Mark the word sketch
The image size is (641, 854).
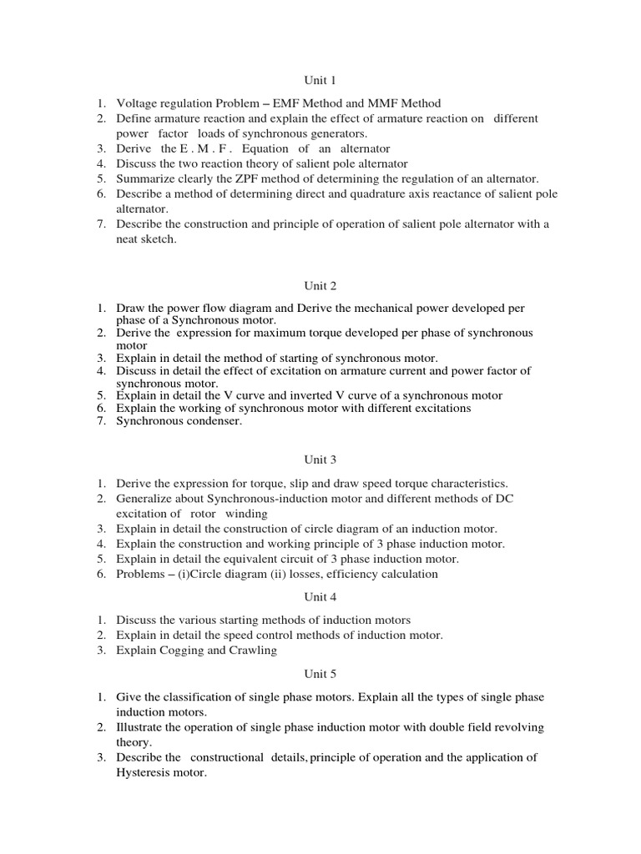162,239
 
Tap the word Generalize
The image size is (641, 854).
145,498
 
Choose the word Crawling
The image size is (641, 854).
251,650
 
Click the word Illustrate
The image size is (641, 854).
142,727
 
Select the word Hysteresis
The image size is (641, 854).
146,772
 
